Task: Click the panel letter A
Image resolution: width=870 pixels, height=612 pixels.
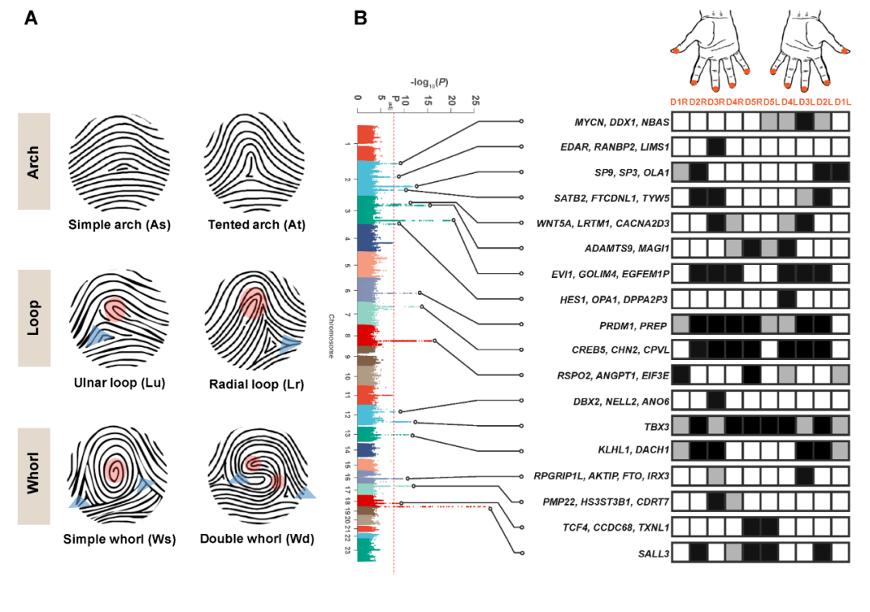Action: pos(31,18)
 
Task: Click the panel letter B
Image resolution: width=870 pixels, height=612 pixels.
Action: pos(361,18)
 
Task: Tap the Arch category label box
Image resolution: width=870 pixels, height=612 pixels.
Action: pos(34,161)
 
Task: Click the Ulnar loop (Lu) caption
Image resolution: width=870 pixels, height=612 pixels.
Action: pos(119,383)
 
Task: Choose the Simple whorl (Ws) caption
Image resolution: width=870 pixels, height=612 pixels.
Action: pos(119,539)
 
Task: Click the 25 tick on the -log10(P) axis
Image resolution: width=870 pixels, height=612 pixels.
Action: pos(475,101)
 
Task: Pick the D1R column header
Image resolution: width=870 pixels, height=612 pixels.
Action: pos(680,101)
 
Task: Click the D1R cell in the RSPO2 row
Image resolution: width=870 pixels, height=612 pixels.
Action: pos(681,374)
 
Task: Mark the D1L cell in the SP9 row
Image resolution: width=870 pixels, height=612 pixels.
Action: pos(840,172)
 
